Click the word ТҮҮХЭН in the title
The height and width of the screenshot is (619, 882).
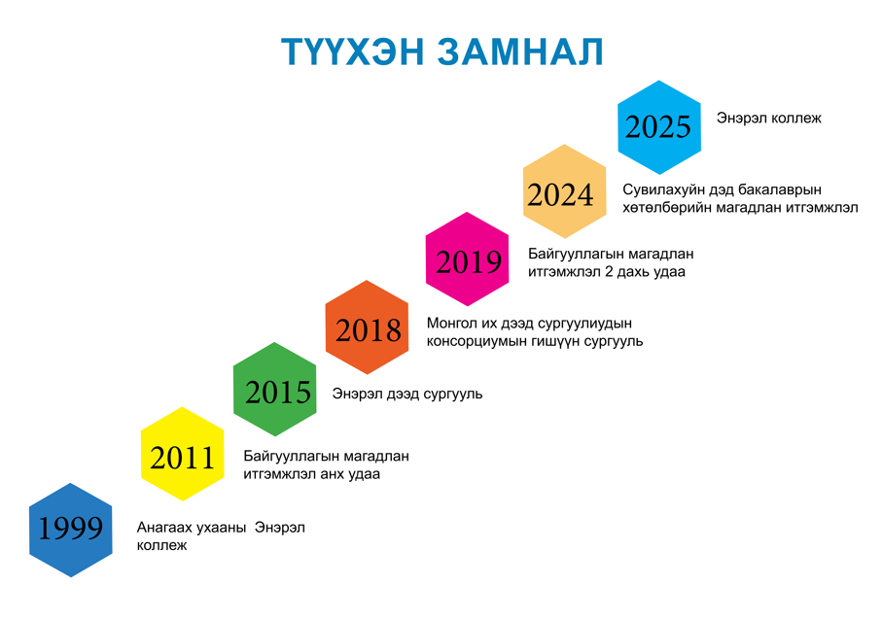352,52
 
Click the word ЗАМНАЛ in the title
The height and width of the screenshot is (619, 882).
520,52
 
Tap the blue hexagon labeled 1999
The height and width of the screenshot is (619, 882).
71,530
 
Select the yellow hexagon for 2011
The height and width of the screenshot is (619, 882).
182,454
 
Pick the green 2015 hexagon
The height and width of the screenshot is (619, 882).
275,389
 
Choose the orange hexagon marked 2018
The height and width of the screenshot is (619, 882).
368,327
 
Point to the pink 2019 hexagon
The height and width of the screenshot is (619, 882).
468,259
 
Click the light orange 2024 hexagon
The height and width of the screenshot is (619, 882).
565,191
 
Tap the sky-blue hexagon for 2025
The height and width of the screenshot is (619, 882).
659,127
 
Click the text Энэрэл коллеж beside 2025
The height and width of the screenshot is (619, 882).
769,118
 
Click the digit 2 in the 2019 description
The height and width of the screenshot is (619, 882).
608,271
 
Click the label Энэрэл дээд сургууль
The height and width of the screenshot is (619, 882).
407,394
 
